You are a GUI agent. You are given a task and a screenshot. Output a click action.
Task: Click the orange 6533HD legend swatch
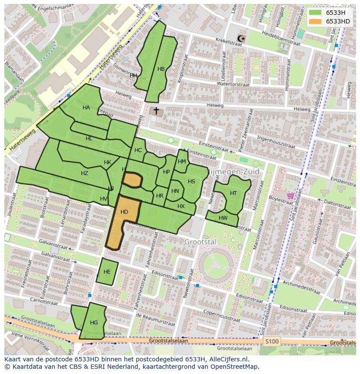pyautogui.click(x=316, y=21)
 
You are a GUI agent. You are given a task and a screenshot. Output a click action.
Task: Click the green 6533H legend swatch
pyautogui.click(x=316, y=13)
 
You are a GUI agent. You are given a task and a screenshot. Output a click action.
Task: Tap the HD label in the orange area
pyautogui.click(x=124, y=212)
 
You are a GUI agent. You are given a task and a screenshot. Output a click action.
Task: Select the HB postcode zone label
pyautogui.click(x=161, y=69)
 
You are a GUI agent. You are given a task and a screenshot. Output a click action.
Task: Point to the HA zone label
pyautogui.click(x=86, y=108)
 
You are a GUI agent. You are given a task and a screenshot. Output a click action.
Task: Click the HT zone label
pyautogui.click(x=233, y=193)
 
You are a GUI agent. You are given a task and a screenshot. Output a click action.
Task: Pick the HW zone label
pyautogui.click(x=223, y=218)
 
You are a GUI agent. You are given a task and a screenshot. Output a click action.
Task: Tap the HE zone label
pyautogui.click(x=107, y=272)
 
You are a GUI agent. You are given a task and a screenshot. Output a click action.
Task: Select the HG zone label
pyautogui.click(x=94, y=323)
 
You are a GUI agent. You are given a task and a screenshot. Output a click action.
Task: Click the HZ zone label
pyautogui.click(x=84, y=173)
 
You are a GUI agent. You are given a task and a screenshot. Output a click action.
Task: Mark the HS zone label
pyautogui.click(x=191, y=182)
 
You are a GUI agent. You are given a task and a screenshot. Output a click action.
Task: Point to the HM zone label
pyautogui.click(x=182, y=162)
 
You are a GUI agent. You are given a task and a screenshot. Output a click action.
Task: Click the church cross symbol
pyautogui.click(x=156, y=111)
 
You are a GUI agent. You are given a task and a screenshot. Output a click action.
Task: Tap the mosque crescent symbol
pyautogui.click(x=241, y=39)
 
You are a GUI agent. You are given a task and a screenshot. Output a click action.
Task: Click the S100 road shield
pyautogui.click(x=271, y=341)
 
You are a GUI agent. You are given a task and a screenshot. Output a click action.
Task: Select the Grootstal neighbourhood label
pyautogui.click(x=200, y=242)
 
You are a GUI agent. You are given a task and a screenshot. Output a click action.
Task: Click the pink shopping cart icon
pyautogui.click(x=290, y=196)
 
